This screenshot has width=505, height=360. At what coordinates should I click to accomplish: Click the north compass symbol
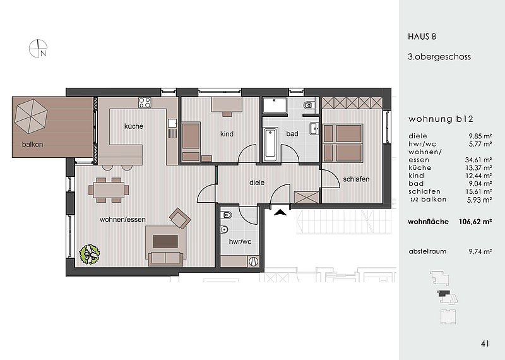[38, 49]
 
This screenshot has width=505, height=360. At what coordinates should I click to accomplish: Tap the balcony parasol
[31, 116]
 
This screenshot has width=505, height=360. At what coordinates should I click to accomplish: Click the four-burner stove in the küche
[145, 102]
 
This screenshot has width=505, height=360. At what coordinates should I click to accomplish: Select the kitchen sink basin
[172, 123]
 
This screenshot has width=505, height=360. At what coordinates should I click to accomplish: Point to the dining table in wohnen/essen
[109, 190]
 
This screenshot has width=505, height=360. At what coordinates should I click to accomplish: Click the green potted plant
[90, 255]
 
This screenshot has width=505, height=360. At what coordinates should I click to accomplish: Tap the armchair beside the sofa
[181, 218]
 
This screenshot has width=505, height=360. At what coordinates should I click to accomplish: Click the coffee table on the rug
[165, 241]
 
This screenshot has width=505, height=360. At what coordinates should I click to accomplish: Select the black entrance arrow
[281, 212]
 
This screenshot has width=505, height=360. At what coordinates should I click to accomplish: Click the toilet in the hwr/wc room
[227, 215]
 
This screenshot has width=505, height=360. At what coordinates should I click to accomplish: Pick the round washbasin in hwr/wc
[224, 229]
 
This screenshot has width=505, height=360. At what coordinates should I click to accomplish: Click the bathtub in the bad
[270, 145]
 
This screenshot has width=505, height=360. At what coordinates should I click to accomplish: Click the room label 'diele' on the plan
[257, 183]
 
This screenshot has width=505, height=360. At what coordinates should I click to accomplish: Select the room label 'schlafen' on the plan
[356, 179]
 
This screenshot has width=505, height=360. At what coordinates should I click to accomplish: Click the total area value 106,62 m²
[475, 222]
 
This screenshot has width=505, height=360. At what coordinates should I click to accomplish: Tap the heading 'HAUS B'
[422, 37]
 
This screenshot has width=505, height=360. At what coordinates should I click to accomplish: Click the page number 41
[485, 344]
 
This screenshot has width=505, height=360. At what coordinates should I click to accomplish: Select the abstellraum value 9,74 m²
[480, 251]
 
